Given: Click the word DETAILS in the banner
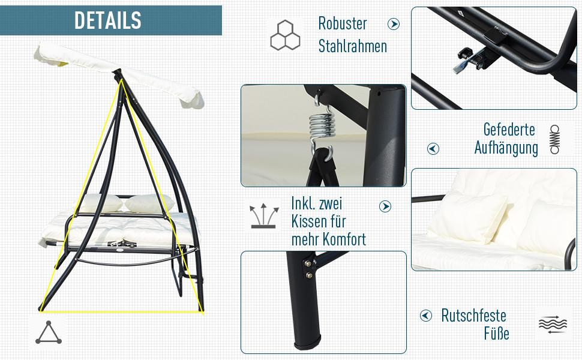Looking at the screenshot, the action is point(107,20).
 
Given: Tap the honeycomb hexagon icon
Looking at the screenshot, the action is point(285,35).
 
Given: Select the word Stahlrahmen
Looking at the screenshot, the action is point(353,46).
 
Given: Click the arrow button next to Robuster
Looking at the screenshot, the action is point(394,24).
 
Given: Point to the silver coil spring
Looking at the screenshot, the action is point(322,126).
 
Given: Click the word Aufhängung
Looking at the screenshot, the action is point(506,148).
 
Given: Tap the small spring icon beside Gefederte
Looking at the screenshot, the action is point(554,139).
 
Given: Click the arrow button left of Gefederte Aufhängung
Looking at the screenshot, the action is point(433,149).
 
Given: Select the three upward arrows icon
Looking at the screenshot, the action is point(263,215).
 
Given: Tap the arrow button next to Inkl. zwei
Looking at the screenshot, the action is point(385,206).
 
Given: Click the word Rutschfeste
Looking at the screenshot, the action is point(473,316).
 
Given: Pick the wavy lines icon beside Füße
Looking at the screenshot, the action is point(553,325).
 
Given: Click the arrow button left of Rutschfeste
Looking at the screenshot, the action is point(426,316).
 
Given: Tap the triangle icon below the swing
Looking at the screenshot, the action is point(49,332).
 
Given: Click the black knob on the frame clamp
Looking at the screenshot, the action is point(464,53).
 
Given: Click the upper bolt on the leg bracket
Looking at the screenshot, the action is point(308,263).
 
